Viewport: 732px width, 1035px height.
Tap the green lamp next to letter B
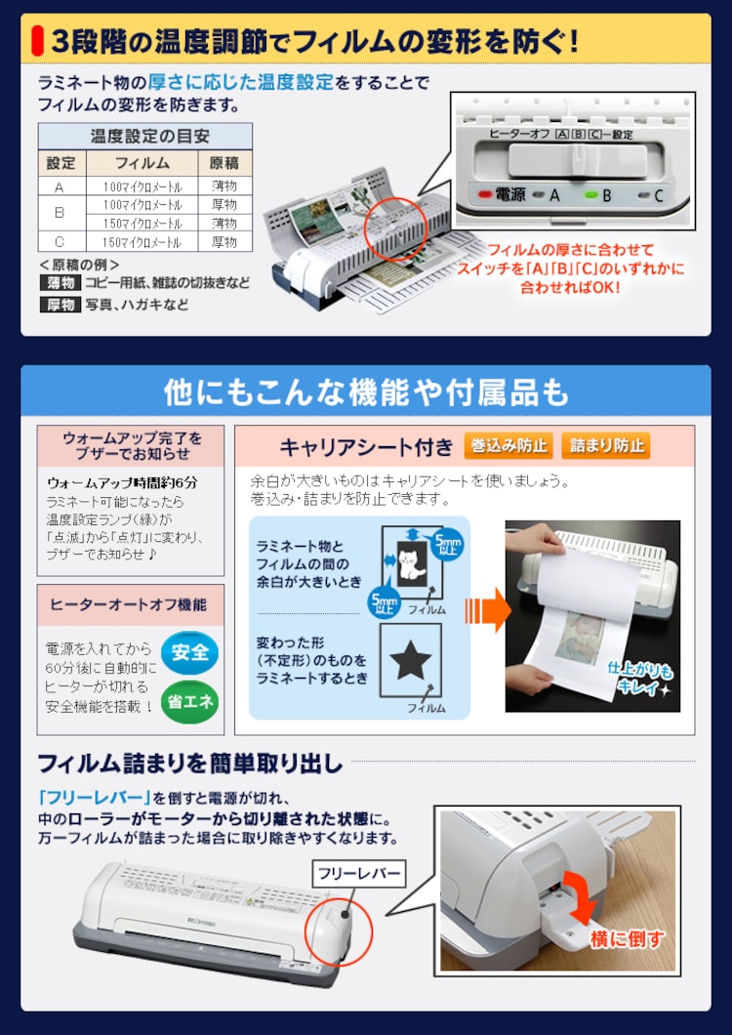[x=590, y=194]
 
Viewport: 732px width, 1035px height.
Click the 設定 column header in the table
[x=60, y=162]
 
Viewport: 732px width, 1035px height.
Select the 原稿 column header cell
[x=224, y=162]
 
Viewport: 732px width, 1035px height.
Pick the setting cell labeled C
[x=60, y=241]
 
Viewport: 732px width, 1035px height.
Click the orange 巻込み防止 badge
[x=508, y=446]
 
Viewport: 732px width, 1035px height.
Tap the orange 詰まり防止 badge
[x=606, y=446]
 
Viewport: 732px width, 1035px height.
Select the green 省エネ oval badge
[x=189, y=702]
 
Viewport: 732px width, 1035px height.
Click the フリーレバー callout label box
[x=357, y=873]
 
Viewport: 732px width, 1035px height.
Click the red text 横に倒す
[x=627, y=939]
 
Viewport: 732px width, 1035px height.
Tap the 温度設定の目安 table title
[x=144, y=136]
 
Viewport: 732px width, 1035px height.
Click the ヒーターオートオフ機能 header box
[x=129, y=605]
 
